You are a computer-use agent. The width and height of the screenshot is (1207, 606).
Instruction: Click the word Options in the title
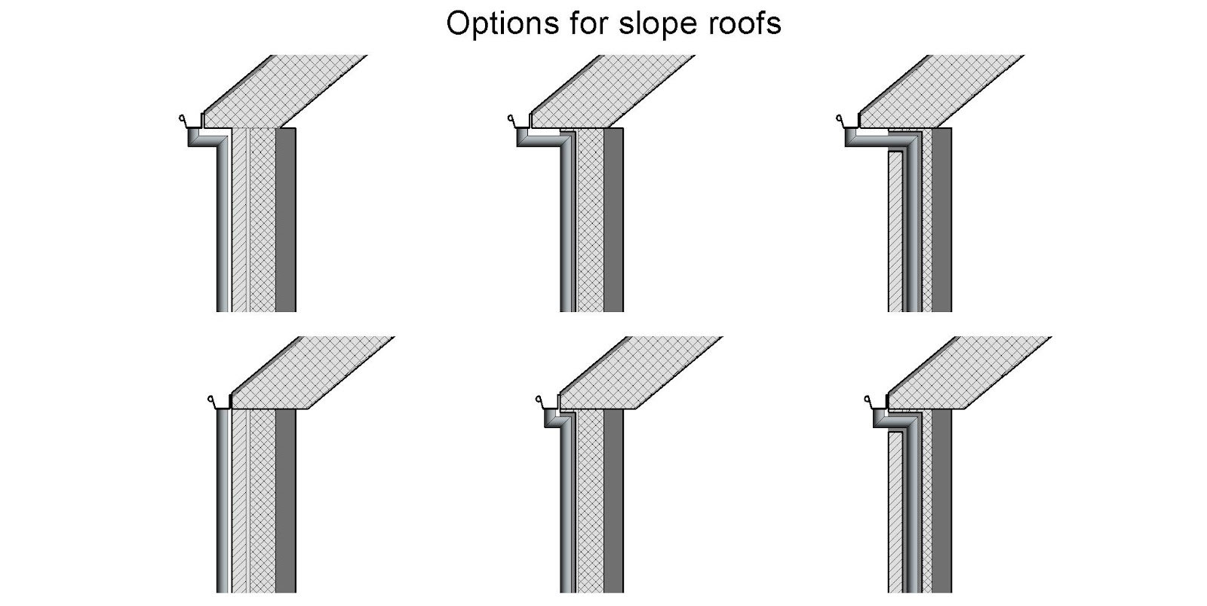point(493,23)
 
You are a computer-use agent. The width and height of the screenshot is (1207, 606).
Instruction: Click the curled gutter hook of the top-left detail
point(182,119)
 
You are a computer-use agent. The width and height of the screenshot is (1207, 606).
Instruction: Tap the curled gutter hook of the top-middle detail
point(511,119)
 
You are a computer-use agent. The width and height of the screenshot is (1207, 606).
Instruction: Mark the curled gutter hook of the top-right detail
point(840,119)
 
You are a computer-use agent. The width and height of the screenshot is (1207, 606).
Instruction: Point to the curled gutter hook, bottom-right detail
point(867,400)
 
